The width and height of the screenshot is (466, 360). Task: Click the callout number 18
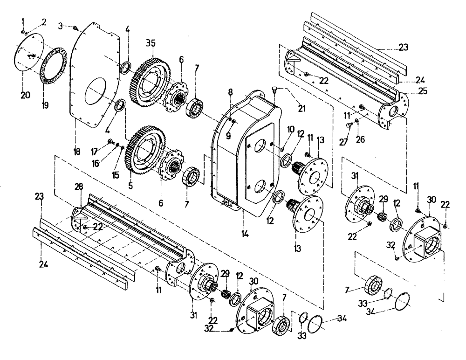(77, 152)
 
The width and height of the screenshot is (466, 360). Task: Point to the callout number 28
(79, 187)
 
